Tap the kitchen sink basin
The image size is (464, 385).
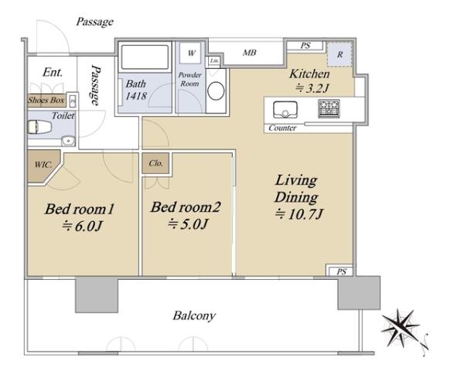tap(285, 110)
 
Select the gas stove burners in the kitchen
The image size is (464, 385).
tap(329, 108)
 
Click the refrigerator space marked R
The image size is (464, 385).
tap(339, 54)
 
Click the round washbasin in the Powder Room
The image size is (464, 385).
tap(216, 90)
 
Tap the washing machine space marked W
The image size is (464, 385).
tap(191, 53)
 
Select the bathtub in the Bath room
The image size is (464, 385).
tap(145, 57)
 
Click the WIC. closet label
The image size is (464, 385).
tap(43, 164)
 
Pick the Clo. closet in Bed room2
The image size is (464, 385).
tap(155, 163)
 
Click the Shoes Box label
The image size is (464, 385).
tap(46, 100)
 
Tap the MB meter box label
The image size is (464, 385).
tap(249, 53)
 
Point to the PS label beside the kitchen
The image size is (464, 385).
tap(305, 46)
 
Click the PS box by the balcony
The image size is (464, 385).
tap(341, 271)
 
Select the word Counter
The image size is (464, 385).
tap(282, 128)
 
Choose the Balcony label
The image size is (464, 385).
tap(194, 315)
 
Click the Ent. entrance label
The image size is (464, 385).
tap(53, 72)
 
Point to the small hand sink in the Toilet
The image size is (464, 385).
tap(68, 141)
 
